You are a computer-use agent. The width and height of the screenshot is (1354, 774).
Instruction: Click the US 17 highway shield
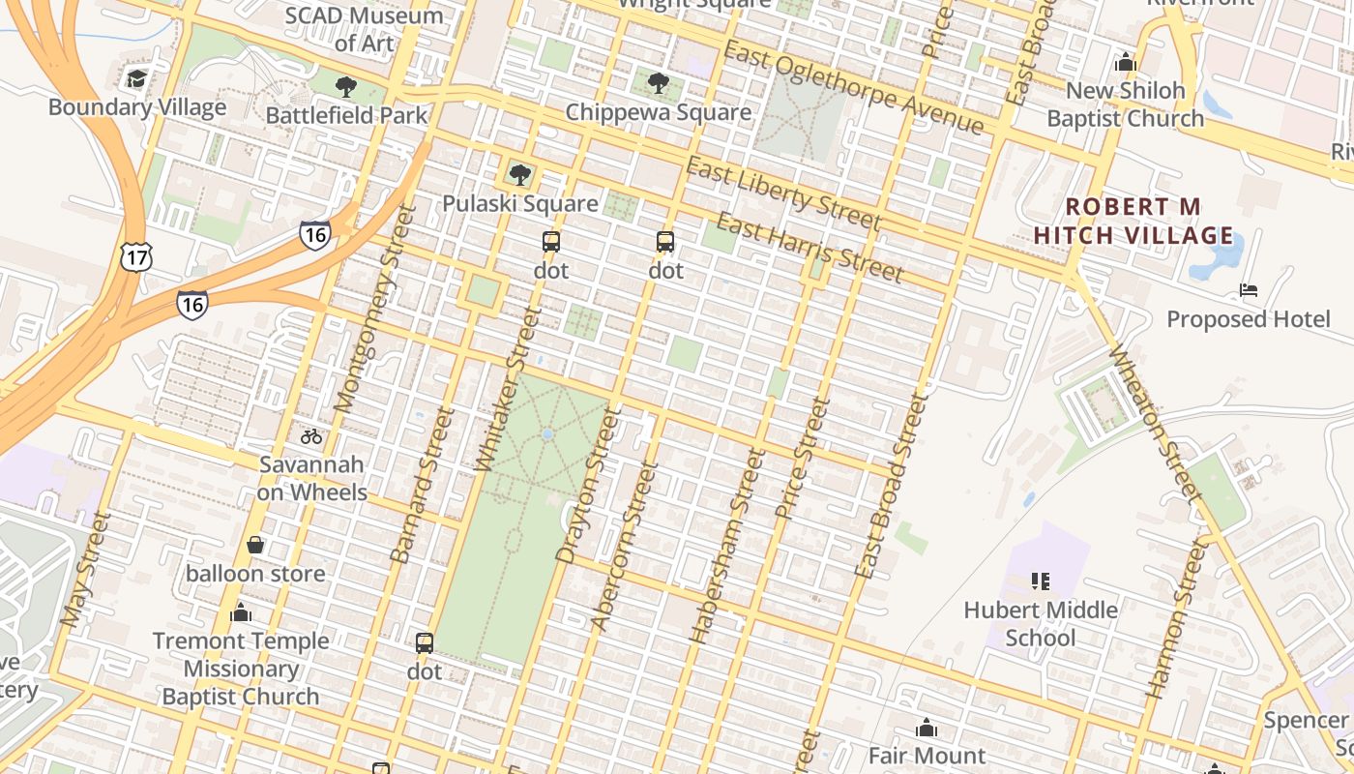tap(135, 256)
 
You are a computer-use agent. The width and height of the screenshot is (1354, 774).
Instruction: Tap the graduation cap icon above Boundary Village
tap(136, 78)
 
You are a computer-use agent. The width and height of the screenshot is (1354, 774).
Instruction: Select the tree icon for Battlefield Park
tap(346, 87)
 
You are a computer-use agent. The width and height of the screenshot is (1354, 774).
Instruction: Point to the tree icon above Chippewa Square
tap(659, 83)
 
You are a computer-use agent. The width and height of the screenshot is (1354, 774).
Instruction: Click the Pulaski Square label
tap(520, 204)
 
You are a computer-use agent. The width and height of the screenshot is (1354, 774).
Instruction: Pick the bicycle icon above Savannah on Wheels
tap(311, 436)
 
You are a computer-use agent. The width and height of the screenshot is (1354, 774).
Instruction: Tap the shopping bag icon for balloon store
tap(255, 546)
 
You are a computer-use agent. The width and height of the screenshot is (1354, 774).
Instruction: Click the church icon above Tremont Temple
tap(241, 612)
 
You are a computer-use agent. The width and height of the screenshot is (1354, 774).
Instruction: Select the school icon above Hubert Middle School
tap(1041, 581)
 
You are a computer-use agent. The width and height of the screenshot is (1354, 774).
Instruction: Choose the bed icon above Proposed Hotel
tap(1249, 290)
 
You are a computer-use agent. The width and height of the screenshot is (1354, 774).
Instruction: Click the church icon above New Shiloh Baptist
tap(1125, 63)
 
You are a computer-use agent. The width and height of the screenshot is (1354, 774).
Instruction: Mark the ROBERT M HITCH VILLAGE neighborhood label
tap(1133, 221)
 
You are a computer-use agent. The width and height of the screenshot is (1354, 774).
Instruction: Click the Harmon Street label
tap(1177, 619)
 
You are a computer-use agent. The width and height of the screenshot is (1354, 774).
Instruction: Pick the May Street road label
tap(85, 569)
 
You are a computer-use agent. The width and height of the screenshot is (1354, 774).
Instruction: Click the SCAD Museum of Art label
tap(364, 29)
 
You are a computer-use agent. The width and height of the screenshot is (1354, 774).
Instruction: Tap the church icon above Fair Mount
tap(927, 728)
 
